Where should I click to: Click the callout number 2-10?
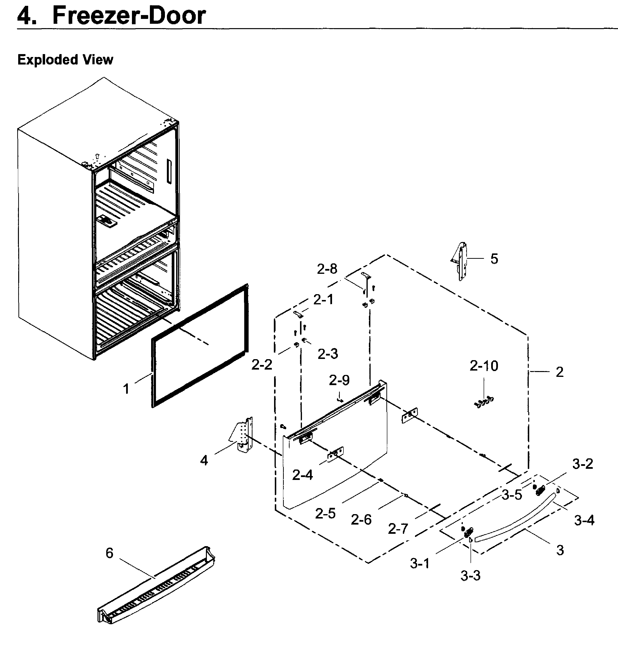(484, 366)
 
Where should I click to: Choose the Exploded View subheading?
(65, 60)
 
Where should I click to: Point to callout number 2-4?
(302, 475)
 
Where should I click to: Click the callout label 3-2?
(582, 464)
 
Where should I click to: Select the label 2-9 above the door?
(339, 380)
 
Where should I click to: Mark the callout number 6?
(109, 553)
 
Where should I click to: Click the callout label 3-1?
(420, 564)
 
